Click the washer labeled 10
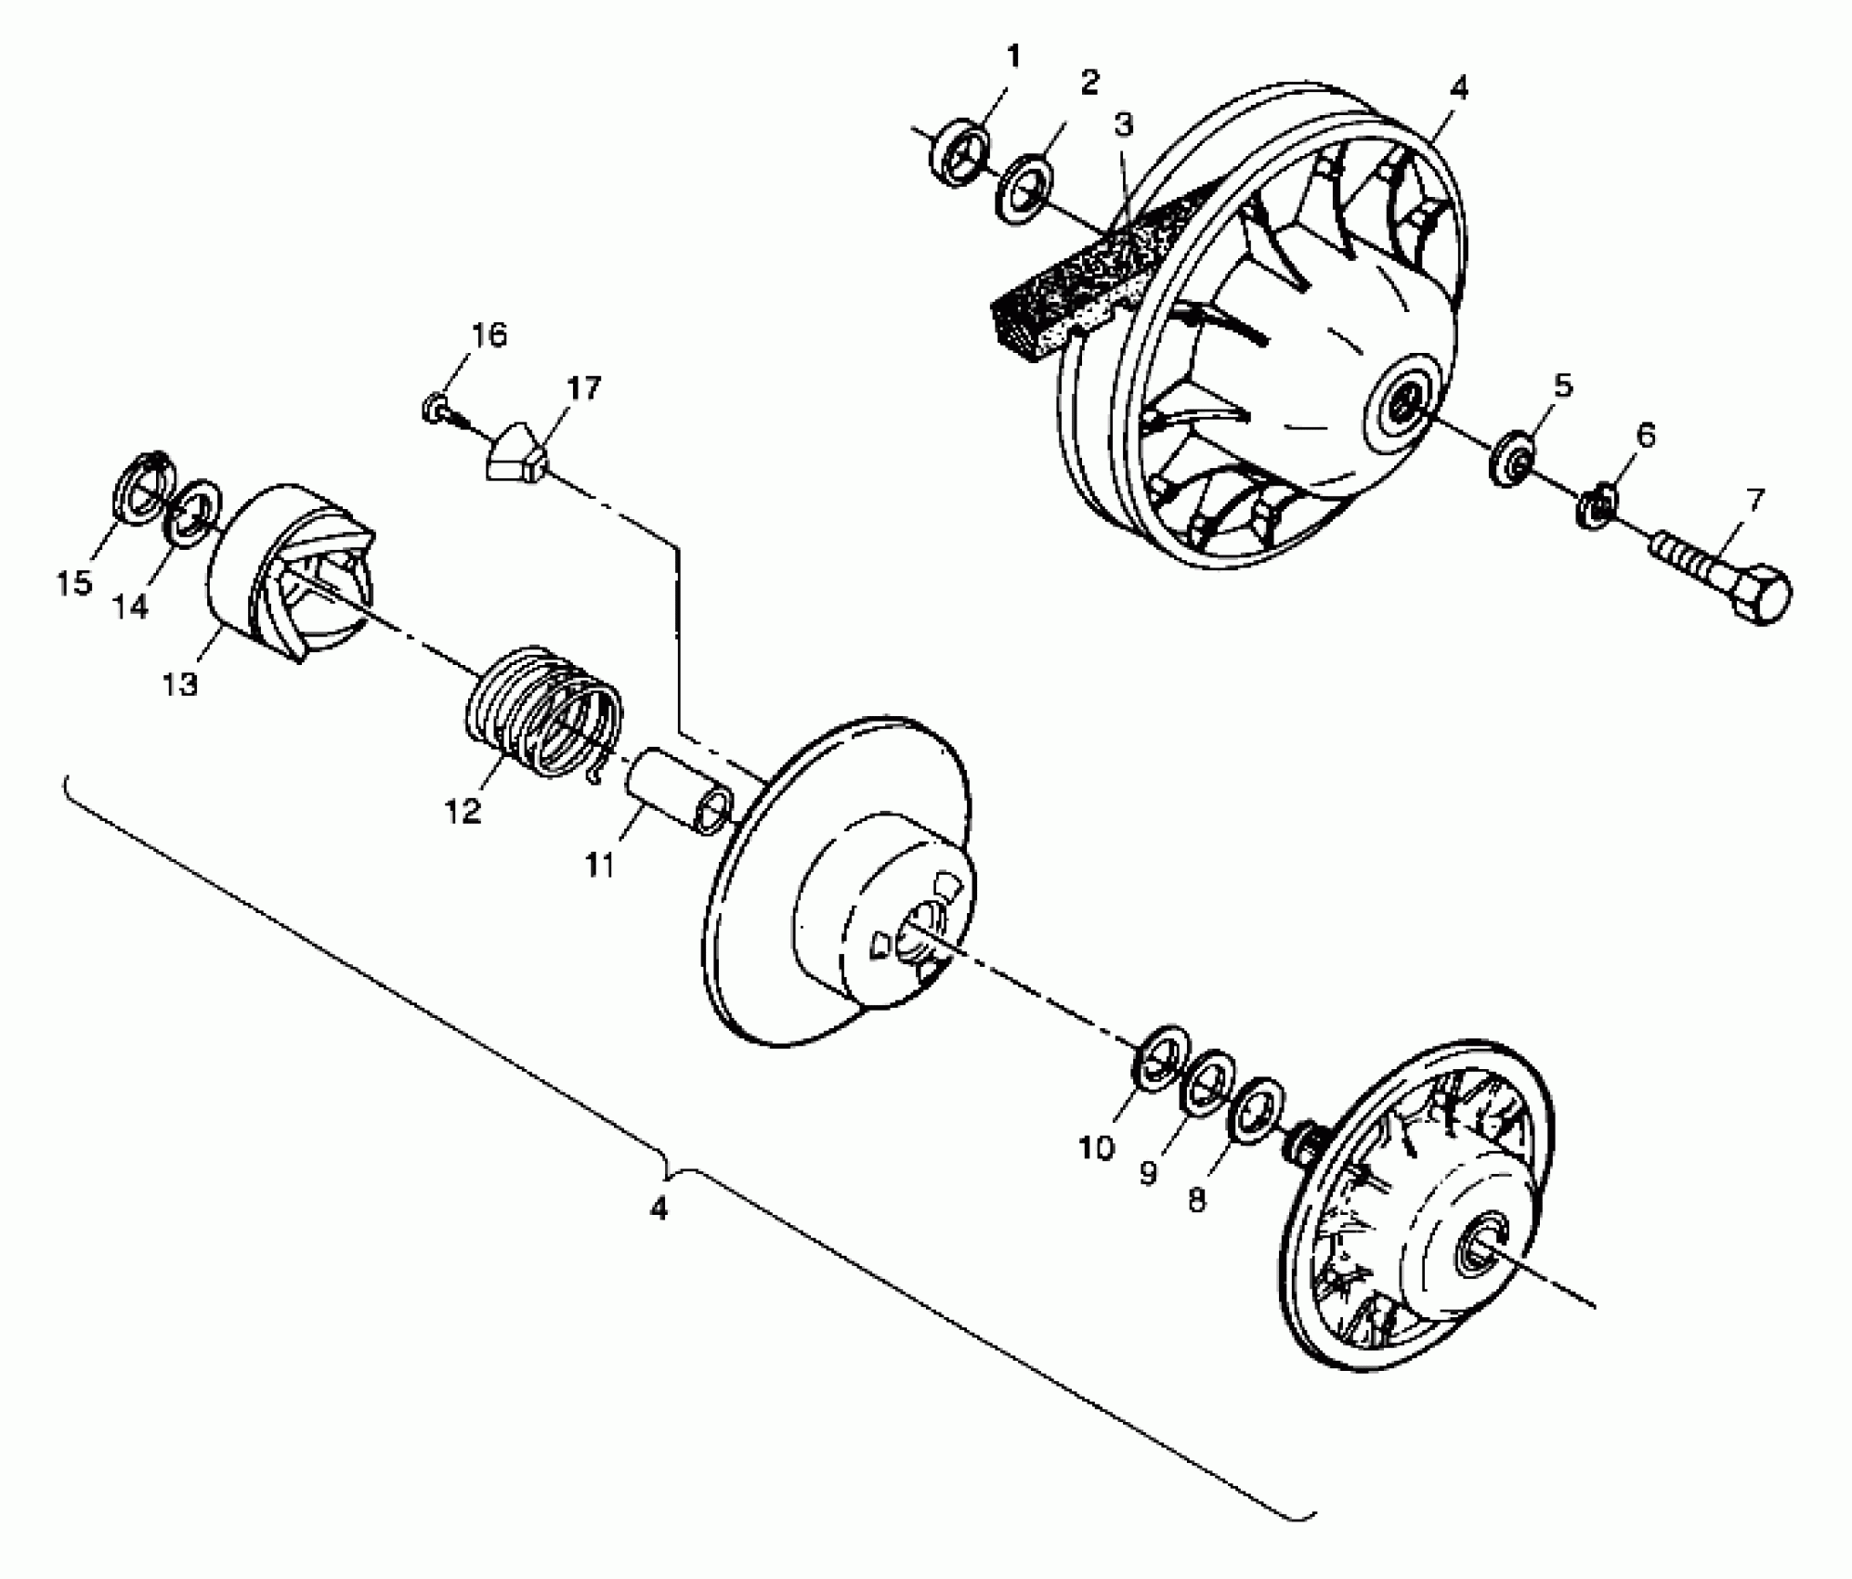tap(1161, 1058)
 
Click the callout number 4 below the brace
tap(658, 1208)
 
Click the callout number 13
tap(180, 685)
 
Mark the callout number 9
tap(1148, 1174)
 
